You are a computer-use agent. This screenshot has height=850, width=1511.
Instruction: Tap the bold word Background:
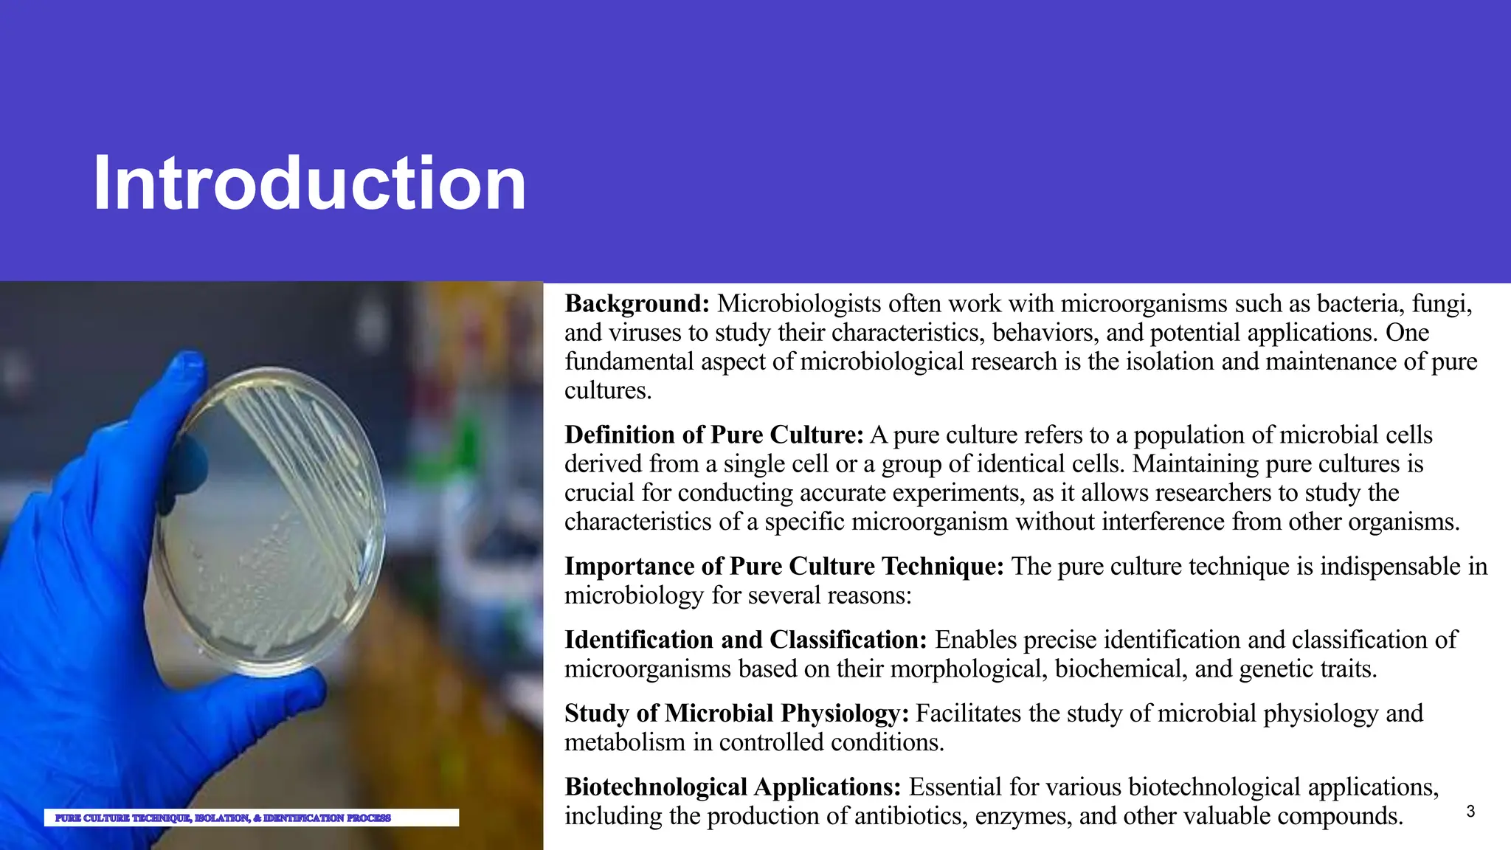click(x=637, y=303)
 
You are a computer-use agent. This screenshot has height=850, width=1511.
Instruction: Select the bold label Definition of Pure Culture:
click(x=713, y=435)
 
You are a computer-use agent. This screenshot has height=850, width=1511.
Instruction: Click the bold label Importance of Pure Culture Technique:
click(x=784, y=566)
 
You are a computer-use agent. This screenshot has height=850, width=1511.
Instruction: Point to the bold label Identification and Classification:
click(x=745, y=639)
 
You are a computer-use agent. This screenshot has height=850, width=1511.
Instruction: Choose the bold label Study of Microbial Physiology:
click(x=736, y=713)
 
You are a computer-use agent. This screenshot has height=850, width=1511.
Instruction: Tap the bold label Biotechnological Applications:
click(x=733, y=787)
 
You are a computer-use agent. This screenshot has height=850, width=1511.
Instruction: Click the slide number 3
click(x=1470, y=812)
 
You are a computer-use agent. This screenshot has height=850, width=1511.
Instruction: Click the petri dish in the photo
click(x=269, y=520)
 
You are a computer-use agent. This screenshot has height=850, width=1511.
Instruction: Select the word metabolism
click(x=625, y=742)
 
